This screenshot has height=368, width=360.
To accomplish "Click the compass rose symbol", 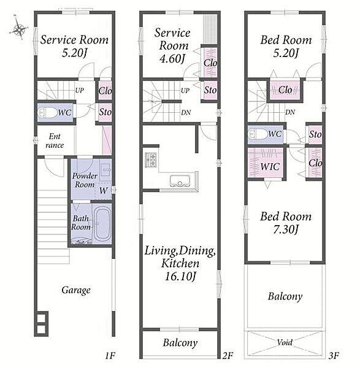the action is tap(18, 29).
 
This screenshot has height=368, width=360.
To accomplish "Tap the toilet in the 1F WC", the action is tap(47, 112).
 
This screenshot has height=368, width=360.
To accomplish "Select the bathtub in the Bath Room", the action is tap(102, 224).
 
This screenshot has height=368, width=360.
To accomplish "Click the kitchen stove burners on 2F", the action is tap(151, 159).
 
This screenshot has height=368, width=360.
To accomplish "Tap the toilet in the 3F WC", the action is tap(258, 134).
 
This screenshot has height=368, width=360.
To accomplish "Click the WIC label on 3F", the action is tap(270, 167).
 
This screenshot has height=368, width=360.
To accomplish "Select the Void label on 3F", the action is tap(285, 342).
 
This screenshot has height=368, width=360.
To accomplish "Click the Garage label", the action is tap(76, 290).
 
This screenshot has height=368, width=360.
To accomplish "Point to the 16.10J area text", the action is tap(180, 276).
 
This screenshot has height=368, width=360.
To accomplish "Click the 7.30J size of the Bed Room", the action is tap(286, 229).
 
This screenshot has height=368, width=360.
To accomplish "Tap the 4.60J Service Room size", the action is tap(172, 58).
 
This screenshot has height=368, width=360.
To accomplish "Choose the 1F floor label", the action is tap(110, 356).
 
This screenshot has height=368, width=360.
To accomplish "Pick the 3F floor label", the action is tap(334, 356).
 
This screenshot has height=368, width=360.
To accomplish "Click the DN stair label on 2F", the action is tap(186, 113).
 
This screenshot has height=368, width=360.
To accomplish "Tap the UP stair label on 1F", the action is tap(79, 90).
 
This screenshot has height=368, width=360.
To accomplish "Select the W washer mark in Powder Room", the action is tap(103, 190).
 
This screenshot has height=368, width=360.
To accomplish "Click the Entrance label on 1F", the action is tap(55, 141).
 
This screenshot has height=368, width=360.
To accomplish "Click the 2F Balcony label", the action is tap(180, 343).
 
